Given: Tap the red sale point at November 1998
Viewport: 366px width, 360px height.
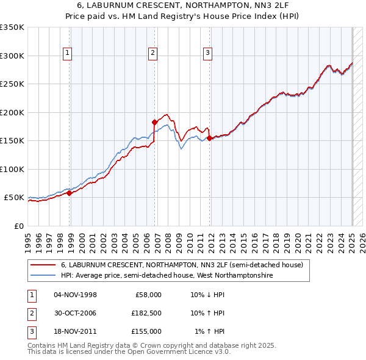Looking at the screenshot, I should [x=70, y=193].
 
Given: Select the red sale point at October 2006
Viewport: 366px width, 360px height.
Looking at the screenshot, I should [x=154, y=122].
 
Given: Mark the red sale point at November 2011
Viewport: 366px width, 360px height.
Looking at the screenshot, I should [x=209, y=138].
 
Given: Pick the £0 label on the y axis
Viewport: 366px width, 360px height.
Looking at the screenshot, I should [x=18, y=226].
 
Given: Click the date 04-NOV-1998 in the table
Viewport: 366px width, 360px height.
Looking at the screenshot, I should [x=76, y=295].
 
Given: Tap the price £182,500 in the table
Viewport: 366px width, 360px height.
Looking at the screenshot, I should [x=146, y=313].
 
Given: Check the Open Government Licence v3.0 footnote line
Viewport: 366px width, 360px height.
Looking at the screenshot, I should [x=129, y=352].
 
